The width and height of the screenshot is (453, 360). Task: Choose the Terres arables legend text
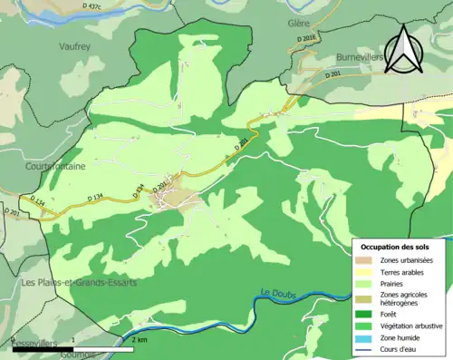coord(403,272)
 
